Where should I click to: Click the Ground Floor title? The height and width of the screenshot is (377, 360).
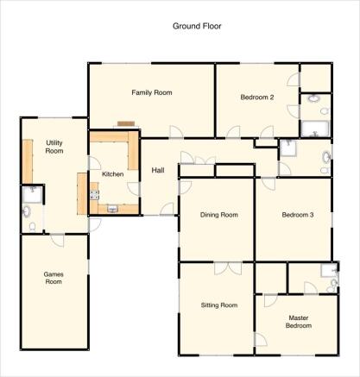pyautogui.click(x=197, y=26)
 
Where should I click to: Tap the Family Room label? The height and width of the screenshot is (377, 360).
pyautogui.click(x=152, y=92)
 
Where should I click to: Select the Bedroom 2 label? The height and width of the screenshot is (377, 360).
pyautogui.click(x=257, y=97)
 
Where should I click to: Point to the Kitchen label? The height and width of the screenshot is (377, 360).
pyautogui.click(x=113, y=174)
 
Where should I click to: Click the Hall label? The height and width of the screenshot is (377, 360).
pyautogui.click(x=158, y=170)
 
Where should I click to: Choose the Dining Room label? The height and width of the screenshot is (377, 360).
pyautogui.click(x=219, y=215)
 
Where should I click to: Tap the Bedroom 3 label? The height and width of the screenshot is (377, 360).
pyautogui.click(x=298, y=215)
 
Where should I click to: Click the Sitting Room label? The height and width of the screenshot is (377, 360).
pyautogui.click(x=219, y=305)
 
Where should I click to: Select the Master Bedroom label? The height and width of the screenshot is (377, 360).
pyautogui.click(x=299, y=322)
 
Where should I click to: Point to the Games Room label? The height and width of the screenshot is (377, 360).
pyautogui.click(x=54, y=278)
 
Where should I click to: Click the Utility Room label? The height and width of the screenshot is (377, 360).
pyautogui.click(x=54, y=147)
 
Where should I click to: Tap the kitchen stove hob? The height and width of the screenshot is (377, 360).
pyautogui.click(x=95, y=195)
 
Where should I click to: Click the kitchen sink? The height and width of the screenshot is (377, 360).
pyautogui.click(x=112, y=209)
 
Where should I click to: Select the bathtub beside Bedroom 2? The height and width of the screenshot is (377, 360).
pyautogui.click(x=314, y=129)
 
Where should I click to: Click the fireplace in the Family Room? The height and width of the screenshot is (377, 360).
pyautogui.click(x=126, y=124)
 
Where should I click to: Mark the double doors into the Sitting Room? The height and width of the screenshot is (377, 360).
pyautogui.click(x=228, y=268)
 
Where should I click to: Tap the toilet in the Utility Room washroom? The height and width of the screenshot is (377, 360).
pyautogui.click(x=32, y=227)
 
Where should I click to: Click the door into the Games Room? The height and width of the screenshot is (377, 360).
pyautogui.click(x=57, y=241)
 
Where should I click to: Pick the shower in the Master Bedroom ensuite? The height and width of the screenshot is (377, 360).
pyautogui.click(x=329, y=270)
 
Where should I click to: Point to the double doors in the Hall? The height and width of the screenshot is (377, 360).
pyautogui.click(x=205, y=160)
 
